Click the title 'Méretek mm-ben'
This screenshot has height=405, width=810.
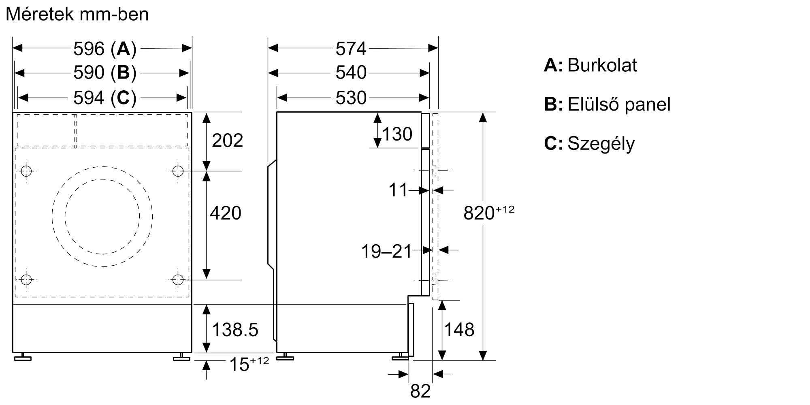point(77,15)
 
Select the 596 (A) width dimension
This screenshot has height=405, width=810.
point(104,49)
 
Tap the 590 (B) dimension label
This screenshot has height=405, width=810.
point(104,73)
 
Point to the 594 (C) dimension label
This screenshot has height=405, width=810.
point(104,98)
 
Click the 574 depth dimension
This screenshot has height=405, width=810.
point(351,49)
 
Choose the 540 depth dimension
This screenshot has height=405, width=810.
point(351,73)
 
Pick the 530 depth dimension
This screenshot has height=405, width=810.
point(351,98)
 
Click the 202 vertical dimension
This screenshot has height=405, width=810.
point(227,141)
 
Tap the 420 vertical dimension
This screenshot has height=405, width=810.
point(225,213)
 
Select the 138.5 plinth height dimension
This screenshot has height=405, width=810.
point(235,330)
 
